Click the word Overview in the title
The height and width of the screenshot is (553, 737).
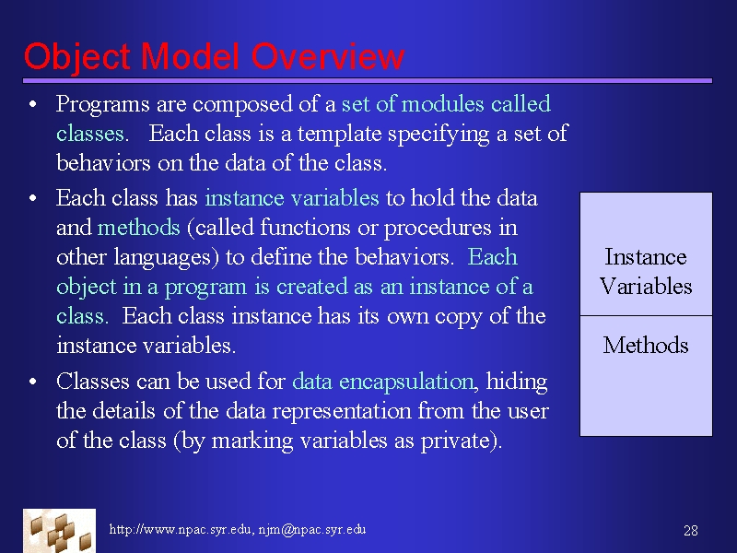pos(328,56)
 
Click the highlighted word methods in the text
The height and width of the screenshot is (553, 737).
pos(139,227)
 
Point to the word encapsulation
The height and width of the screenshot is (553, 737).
pos(406,382)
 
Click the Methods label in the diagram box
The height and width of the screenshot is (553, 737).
pos(646,345)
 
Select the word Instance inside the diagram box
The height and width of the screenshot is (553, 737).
pos(646,257)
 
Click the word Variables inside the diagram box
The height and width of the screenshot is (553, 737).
pos(646,287)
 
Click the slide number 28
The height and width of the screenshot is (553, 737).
pos(690,531)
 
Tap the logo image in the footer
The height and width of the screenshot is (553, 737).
pos(59,531)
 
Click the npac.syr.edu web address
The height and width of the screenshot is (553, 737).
pos(180,529)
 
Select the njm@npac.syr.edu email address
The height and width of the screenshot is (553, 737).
pos(312,529)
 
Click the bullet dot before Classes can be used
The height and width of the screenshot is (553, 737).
pos(32,382)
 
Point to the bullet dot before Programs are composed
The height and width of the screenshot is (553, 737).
pos(32,104)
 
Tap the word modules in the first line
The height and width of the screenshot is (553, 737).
pos(443,104)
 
